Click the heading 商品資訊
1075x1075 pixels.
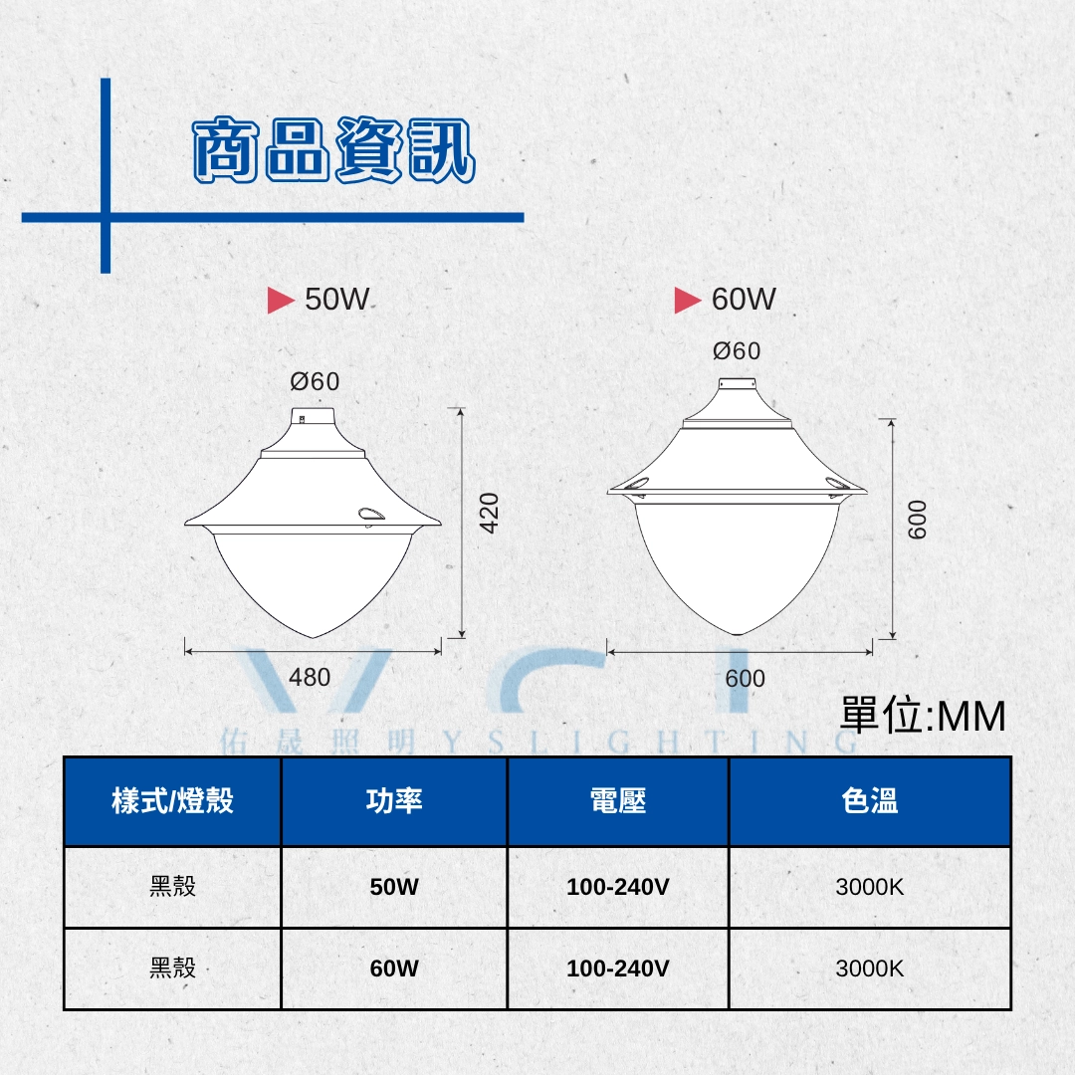pos(333,149)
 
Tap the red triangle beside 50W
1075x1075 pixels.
pos(281,301)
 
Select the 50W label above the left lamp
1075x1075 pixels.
pos(336,300)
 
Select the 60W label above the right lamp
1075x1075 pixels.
pos(744,300)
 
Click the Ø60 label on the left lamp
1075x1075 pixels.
pos(315,381)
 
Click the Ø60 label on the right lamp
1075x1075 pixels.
pos(737,351)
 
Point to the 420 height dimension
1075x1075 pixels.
pos(490,513)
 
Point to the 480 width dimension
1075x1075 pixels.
pos(310,678)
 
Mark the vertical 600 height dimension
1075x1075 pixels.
pos(918,520)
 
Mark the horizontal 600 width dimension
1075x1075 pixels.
pos(746,679)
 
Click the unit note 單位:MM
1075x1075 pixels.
pos(923,717)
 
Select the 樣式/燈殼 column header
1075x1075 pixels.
pos(173,800)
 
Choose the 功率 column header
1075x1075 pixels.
pos(394,800)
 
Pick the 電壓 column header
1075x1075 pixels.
pos(618,800)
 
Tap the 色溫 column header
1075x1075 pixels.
pos(870,800)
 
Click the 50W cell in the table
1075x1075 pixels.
pos(394,887)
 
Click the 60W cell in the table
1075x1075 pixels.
pos(394,968)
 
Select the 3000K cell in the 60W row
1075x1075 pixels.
pos(870,968)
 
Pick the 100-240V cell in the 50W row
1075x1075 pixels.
pos(618,887)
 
